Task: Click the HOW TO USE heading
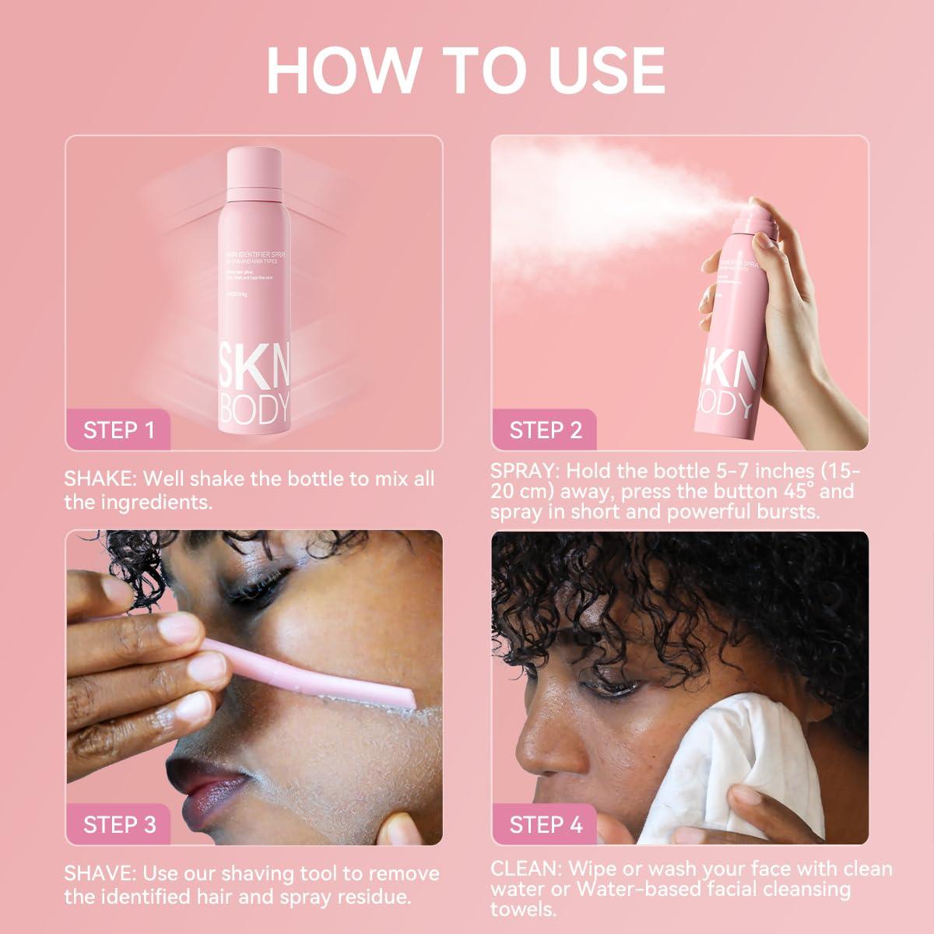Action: pos(465,71)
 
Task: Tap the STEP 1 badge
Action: pos(118,430)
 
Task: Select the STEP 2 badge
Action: pos(545,430)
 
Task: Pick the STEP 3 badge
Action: pos(118,824)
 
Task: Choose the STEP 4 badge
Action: pos(545,824)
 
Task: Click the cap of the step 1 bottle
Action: pos(253,167)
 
